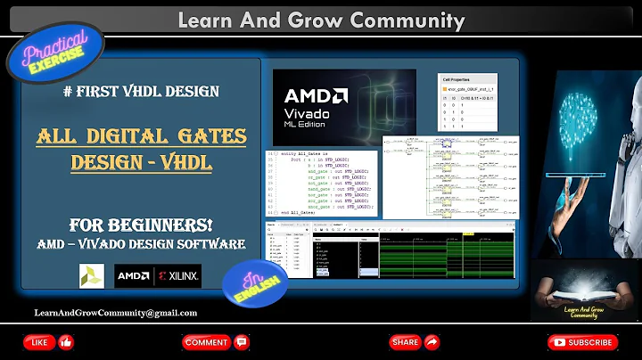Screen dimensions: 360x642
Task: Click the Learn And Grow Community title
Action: pyautogui.click(x=320, y=19)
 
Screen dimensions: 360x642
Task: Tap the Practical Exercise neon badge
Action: pyautogui.click(x=56, y=53)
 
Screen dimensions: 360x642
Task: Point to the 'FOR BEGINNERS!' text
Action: pyautogui.click(x=142, y=224)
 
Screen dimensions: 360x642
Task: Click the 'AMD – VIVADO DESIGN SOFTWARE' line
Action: pyautogui.click(x=142, y=243)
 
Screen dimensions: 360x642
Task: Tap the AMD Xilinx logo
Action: pyautogui.click(x=158, y=276)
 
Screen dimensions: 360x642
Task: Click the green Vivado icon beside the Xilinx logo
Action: pyautogui.click(x=91, y=276)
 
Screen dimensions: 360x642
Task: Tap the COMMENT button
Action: pyautogui.click(x=213, y=342)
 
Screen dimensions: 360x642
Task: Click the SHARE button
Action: pyautogui.click(x=415, y=342)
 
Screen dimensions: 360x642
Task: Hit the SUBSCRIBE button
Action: pyautogui.click(x=581, y=342)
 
